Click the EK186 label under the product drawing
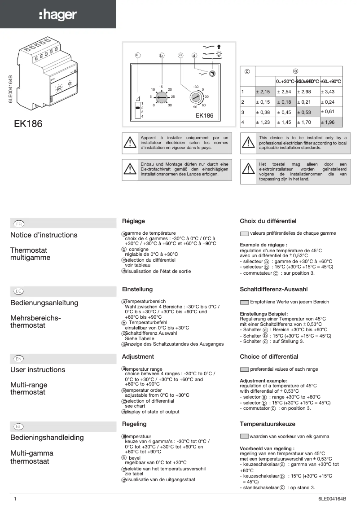click(28, 124)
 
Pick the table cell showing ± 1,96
click(331, 122)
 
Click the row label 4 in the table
click(242, 122)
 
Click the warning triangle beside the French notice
click(130, 142)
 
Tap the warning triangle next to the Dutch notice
click(248, 169)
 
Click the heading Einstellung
click(137, 290)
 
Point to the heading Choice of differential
click(269, 357)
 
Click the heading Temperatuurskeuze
click(267, 424)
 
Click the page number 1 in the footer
click(15, 499)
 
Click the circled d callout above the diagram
click(194, 56)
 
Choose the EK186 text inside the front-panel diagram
click(204, 115)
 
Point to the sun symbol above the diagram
click(219, 53)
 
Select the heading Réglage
click(133, 221)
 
